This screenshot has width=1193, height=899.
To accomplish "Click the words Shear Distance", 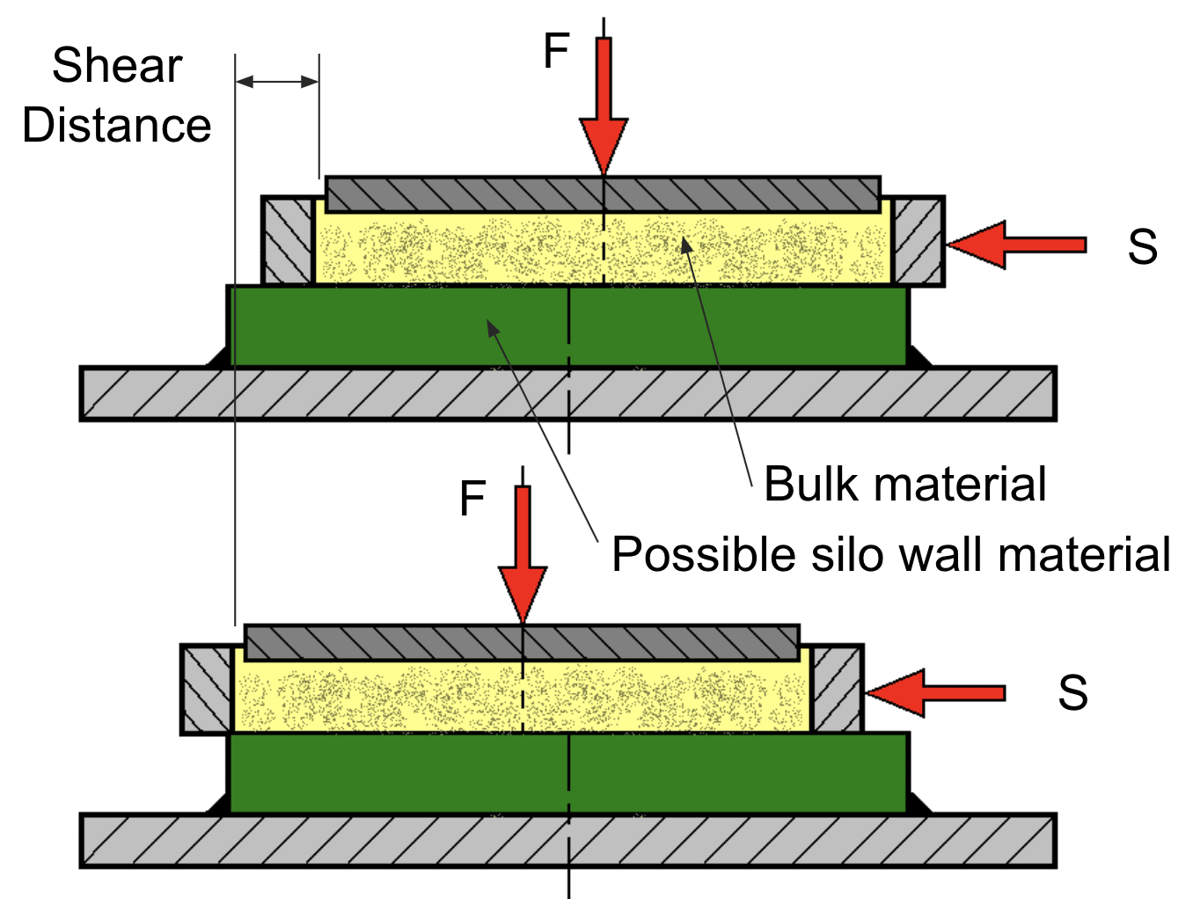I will pyautogui.click(x=116, y=95).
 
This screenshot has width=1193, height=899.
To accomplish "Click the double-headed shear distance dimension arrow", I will pyautogui.click(x=277, y=82).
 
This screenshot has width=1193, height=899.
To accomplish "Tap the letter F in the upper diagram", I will pyautogui.click(x=556, y=51).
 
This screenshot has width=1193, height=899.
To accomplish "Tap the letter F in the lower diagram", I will pyautogui.click(x=472, y=499).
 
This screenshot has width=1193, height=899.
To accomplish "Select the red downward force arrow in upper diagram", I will pyautogui.click(x=604, y=106).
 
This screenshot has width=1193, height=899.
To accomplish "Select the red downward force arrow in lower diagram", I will pyautogui.click(x=523, y=554).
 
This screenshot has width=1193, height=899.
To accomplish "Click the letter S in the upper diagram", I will pyautogui.click(x=1142, y=247).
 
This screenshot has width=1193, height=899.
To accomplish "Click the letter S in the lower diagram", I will pyautogui.click(x=1072, y=693).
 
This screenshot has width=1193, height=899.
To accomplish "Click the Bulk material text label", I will pyautogui.click(x=904, y=484).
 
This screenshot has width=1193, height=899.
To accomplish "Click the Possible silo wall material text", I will pyautogui.click(x=890, y=555).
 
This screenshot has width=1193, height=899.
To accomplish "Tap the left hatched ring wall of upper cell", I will pyautogui.click(x=288, y=241).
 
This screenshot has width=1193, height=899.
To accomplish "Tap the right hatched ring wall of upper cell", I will pyautogui.click(x=918, y=241).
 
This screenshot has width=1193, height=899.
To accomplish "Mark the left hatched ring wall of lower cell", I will pyautogui.click(x=207, y=690).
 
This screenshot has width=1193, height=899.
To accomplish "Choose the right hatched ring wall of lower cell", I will pyautogui.click(x=837, y=690).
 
